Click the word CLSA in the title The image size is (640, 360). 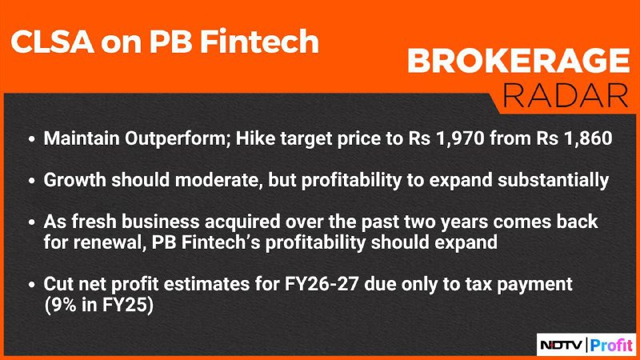click(53, 42)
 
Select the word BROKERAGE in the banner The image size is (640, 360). click(518, 62)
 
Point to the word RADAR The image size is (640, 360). click(566, 96)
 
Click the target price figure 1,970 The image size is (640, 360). click(460, 138)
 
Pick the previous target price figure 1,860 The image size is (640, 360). click(588, 138)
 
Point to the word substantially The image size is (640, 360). click(553, 181)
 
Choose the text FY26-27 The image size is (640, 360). click(322, 284)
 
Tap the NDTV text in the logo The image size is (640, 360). click(562, 346)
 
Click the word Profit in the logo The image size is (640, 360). click(611, 346)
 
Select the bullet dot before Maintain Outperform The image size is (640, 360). click(32, 139)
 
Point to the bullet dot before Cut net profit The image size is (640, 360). click(32, 285)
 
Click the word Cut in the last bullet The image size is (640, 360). click(58, 284)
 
